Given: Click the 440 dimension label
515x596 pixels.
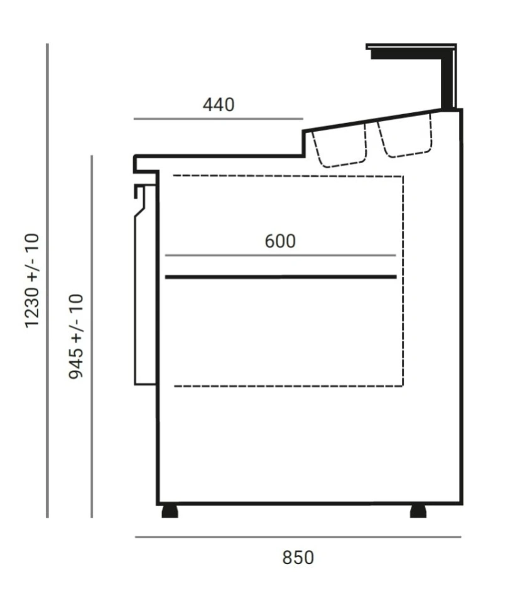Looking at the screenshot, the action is (219, 105).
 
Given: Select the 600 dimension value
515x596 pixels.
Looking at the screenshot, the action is (280, 241).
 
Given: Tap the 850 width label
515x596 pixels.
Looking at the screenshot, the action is (298, 558).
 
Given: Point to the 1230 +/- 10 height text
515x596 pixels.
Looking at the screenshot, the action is (33, 280).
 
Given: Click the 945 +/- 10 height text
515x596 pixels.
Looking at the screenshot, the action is (76, 336).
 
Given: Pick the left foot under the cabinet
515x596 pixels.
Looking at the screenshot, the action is (170, 511).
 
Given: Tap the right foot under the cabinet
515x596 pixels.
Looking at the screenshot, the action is (418, 511).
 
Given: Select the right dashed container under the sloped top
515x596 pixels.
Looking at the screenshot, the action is (406, 136).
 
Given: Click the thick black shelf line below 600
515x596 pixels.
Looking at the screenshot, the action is (281, 277).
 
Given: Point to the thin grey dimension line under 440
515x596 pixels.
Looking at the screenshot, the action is (219, 119).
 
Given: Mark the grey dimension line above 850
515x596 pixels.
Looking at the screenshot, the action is (298, 537).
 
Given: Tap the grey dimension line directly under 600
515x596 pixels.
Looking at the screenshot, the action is (281, 255).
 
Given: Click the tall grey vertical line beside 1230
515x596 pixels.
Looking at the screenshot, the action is (47, 280).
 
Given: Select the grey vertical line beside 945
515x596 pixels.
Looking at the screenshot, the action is (92, 336).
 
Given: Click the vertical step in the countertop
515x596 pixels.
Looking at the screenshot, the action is (304, 144).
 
